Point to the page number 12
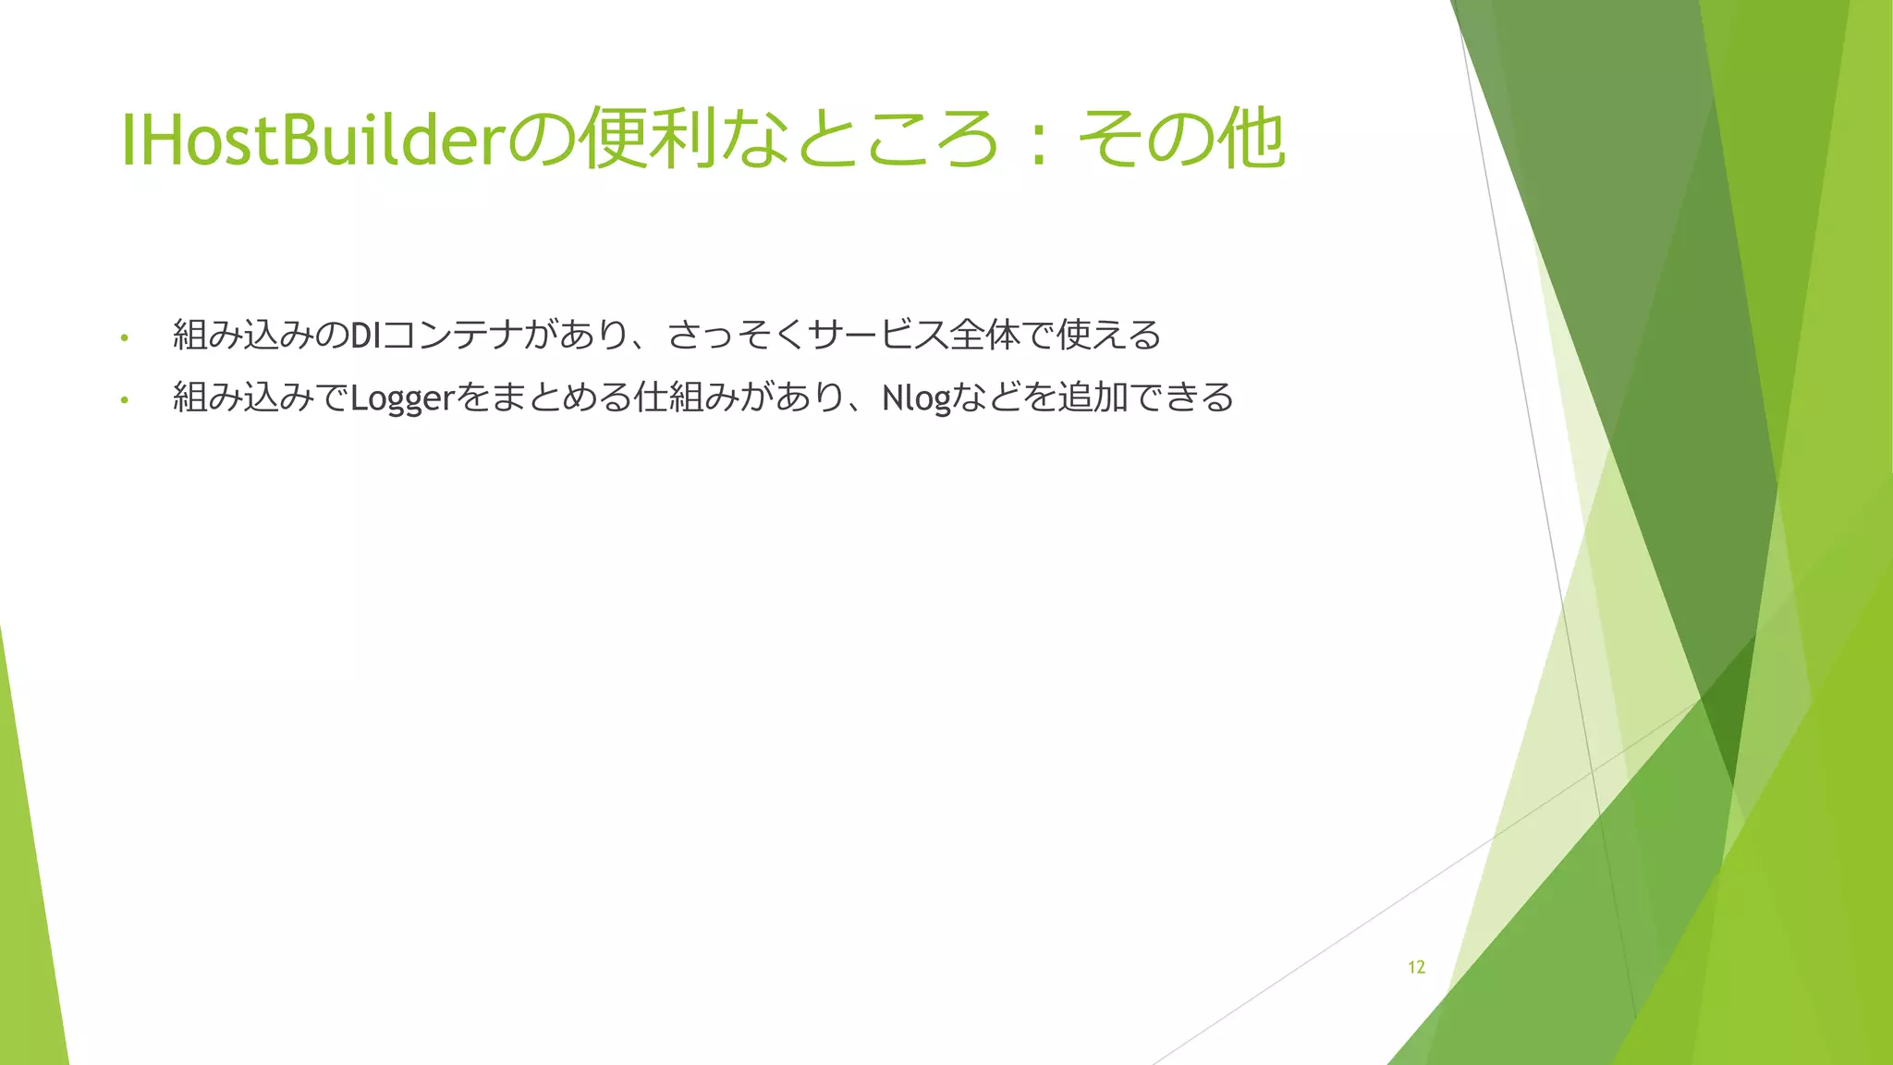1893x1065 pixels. [x=1416, y=967]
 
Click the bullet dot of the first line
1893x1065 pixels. [x=124, y=337]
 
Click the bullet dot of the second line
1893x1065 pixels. [x=124, y=400]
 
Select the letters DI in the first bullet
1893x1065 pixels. [x=366, y=336]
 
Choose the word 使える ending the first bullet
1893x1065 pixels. [x=1108, y=336]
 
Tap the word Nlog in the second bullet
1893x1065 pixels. [x=916, y=398]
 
